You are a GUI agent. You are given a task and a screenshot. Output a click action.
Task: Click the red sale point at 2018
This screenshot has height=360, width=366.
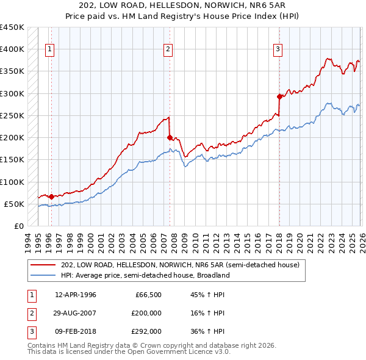[279, 96]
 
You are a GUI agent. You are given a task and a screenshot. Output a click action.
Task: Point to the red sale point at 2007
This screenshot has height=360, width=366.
[170, 137]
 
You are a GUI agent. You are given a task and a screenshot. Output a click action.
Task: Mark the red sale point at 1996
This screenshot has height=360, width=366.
[51, 196]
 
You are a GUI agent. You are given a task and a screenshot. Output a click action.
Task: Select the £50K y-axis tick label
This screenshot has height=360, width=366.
[15, 204]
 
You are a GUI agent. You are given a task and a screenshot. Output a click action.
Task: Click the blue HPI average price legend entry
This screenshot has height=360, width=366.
[145, 275]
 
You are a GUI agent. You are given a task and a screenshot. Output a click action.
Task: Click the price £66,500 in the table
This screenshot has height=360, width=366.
[148, 295]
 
